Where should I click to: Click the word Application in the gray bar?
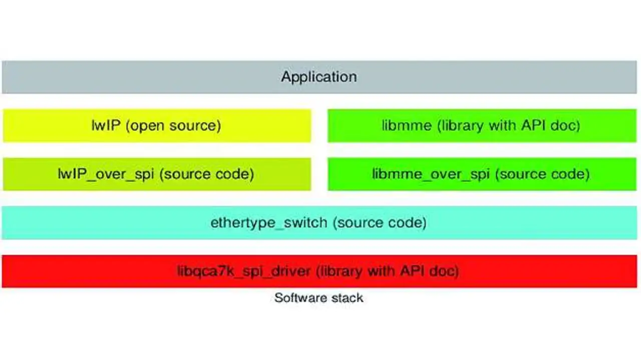pos(319,77)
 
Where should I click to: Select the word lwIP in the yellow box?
pos(106,125)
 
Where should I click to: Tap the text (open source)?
pos(173,125)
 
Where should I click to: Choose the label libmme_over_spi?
pos(430,174)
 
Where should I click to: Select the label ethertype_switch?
pos(268,222)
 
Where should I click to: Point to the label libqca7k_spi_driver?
pos(244,271)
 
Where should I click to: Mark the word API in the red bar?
pos(413,271)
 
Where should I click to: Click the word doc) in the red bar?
pos(445,271)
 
